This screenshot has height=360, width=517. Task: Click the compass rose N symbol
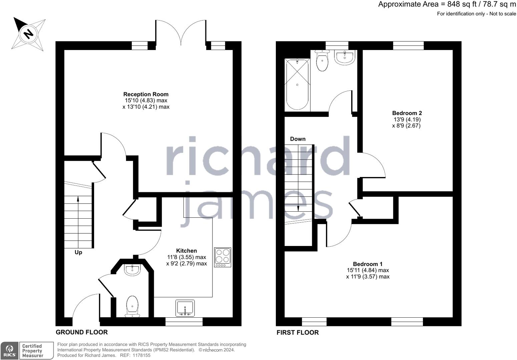click(x=28, y=34)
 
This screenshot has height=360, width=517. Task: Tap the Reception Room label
click(x=146, y=94)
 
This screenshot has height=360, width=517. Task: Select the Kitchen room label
click(x=186, y=251)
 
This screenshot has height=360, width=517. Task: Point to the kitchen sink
click(x=185, y=308)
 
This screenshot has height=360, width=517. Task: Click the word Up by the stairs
click(x=78, y=252)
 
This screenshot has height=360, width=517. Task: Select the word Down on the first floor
click(x=298, y=139)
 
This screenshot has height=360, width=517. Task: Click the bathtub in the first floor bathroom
click(x=297, y=85)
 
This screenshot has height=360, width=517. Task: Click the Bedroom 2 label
click(x=407, y=113)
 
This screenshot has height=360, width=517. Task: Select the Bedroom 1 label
click(x=365, y=264)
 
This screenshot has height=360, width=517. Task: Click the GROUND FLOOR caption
click(x=82, y=332)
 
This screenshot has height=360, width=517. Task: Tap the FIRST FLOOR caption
click(x=298, y=332)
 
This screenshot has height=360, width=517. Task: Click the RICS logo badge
click(x=10, y=351)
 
